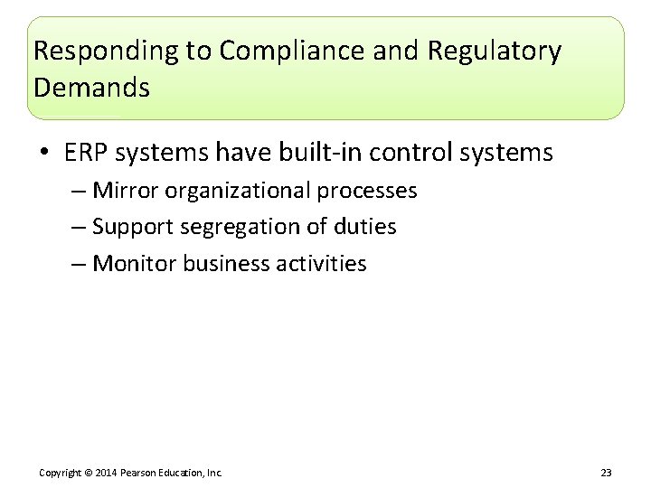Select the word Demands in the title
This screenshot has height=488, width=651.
click(x=91, y=89)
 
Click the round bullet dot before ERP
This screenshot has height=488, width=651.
click(x=45, y=154)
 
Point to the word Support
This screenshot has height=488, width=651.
click(x=132, y=227)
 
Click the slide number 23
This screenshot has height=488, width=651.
click(x=606, y=472)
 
